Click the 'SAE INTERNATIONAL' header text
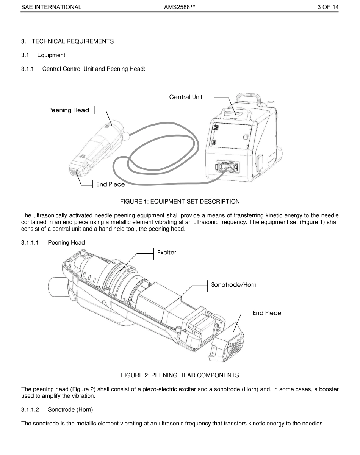pos(51,7)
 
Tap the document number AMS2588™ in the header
pos(180,7)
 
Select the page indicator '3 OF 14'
pos(328,7)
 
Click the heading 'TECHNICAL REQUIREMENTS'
pos(72,41)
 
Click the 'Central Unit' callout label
pos(186,97)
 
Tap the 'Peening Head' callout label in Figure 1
pos(69,110)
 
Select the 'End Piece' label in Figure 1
pos(110,184)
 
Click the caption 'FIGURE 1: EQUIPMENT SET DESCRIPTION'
pos(180,201)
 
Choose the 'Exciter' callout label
pos(166,253)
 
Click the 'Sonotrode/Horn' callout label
pos(233,285)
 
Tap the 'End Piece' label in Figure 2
pos(267,313)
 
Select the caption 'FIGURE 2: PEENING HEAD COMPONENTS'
pos(180,375)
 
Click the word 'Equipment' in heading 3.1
pos(51,55)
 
